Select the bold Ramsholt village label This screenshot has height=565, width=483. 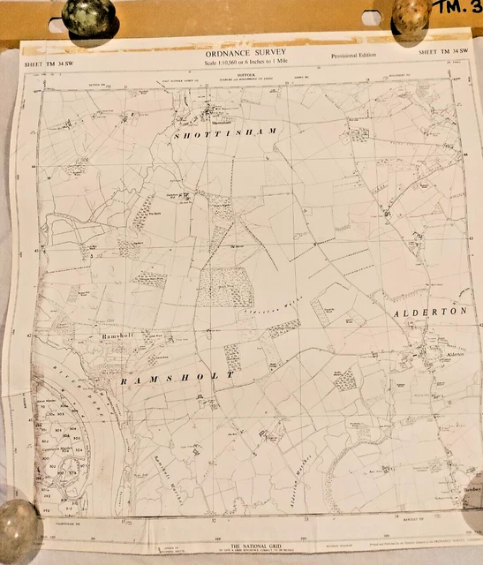tap(116, 337)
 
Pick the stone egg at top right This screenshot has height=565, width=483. tap(410, 15)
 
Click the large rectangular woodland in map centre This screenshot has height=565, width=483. tap(224, 287)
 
